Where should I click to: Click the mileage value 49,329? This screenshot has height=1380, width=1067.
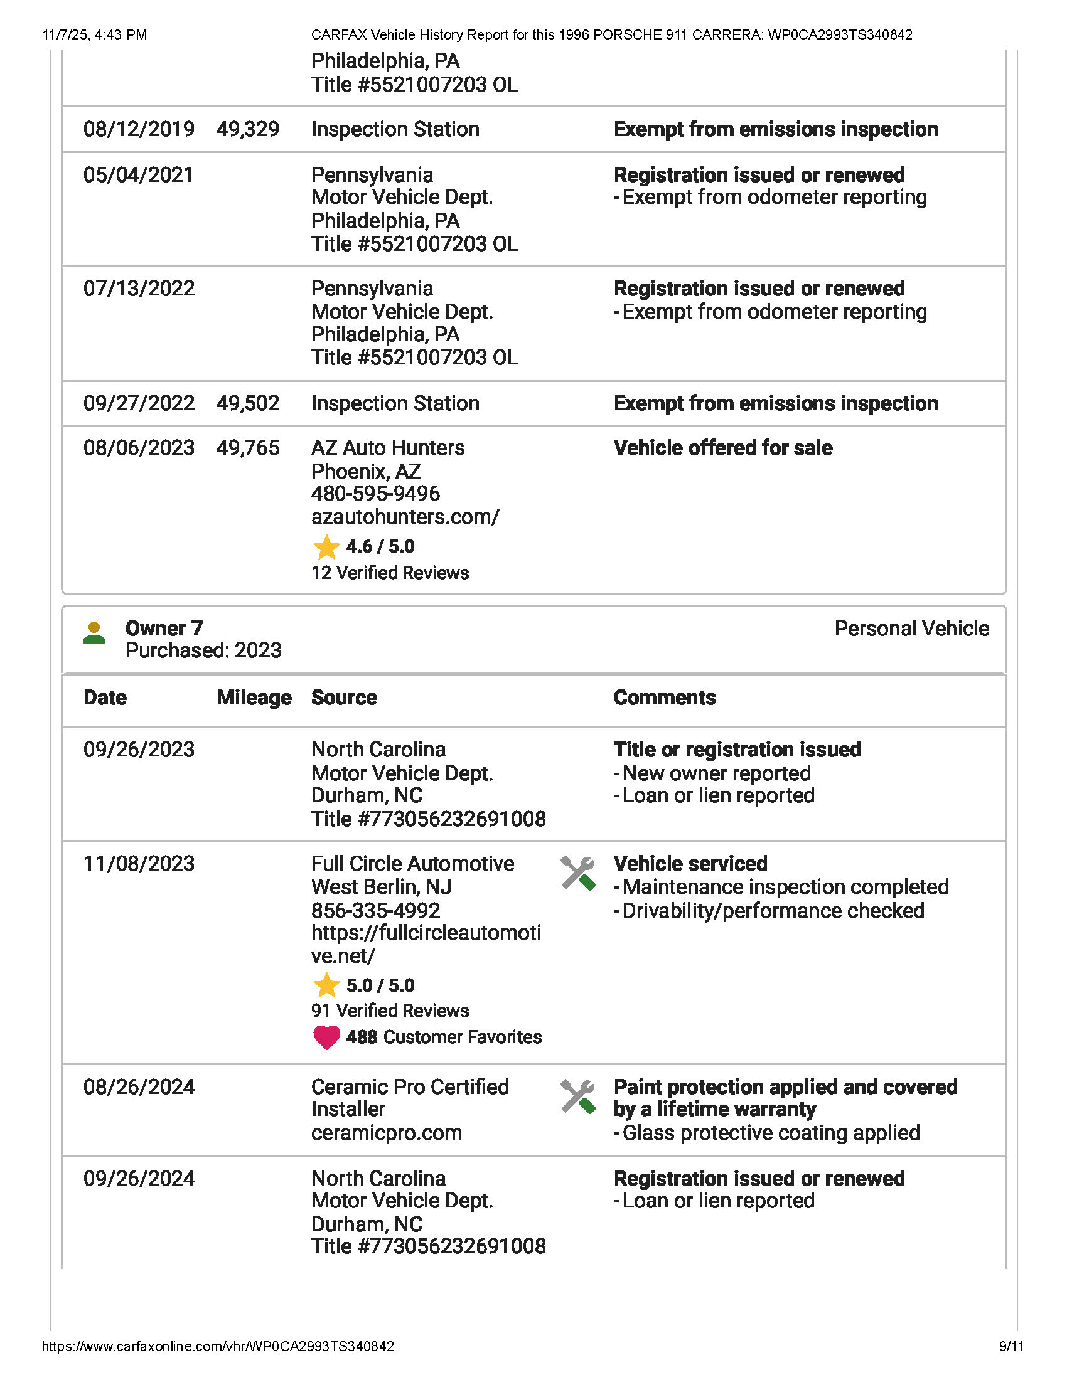pyautogui.click(x=247, y=129)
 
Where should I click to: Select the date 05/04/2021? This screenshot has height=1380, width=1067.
pyautogui.click(x=139, y=175)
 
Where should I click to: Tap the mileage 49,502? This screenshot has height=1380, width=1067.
pyautogui.click(x=247, y=403)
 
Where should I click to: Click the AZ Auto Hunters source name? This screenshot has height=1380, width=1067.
pyautogui.click(x=387, y=448)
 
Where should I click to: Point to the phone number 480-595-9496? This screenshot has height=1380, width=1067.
pyautogui.click(x=375, y=494)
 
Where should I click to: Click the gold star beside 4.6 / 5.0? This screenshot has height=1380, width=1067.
pyautogui.click(x=326, y=547)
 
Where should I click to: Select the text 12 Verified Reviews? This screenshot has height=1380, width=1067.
pyautogui.click(x=390, y=573)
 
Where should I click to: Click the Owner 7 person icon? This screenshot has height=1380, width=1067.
pyautogui.click(x=94, y=633)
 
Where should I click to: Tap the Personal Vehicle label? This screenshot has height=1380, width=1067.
pyautogui.click(x=911, y=629)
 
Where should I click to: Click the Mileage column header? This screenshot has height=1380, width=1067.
pyautogui.click(x=254, y=698)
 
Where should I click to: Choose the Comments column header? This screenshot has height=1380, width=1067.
pyautogui.click(x=664, y=698)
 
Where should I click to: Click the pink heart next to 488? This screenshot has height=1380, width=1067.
pyautogui.click(x=326, y=1037)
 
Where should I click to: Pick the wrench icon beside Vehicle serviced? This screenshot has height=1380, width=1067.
pyautogui.click(x=577, y=873)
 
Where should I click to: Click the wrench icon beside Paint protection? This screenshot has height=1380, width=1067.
pyautogui.click(x=577, y=1096)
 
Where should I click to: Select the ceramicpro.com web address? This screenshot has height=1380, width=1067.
pyautogui.click(x=386, y=1133)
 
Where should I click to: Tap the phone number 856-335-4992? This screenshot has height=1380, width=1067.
pyautogui.click(x=375, y=911)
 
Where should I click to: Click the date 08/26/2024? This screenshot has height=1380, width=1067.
pyautogui.click(x=139, y=1087)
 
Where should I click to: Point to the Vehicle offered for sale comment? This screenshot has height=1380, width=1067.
pyautogui.click(x=722, y=448)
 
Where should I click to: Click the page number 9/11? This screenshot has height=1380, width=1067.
pyautogui.click(x=1011, y=1347)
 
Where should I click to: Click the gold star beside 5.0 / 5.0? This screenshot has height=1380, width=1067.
pyautogui.click(x=326, y=985)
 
